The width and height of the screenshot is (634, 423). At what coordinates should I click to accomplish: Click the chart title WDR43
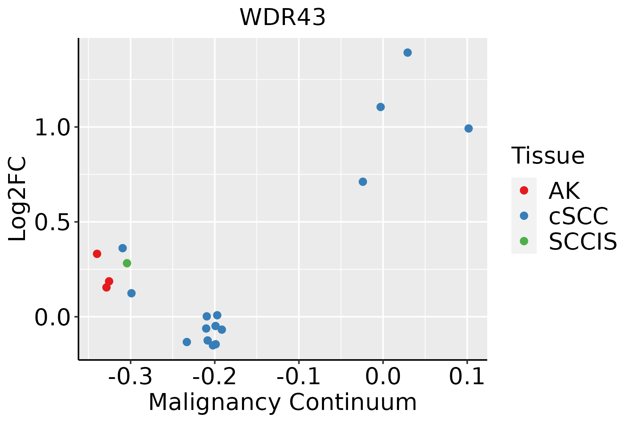click(282, 17)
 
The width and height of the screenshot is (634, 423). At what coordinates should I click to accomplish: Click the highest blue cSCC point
click(408, 53)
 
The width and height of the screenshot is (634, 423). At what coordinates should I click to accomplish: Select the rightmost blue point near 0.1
click(468, 128)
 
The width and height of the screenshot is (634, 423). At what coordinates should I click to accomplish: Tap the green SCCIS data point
click(127, 263)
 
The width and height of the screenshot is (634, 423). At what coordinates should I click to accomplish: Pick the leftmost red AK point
click(97, 254)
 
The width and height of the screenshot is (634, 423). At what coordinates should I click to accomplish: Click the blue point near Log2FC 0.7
click(363, 182)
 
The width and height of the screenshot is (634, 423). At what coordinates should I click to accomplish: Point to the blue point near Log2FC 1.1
click(380, 107)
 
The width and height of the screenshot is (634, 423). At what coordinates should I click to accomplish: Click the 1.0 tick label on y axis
click(53, 128)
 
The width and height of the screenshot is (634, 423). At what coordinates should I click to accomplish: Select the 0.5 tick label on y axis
click(53, 222)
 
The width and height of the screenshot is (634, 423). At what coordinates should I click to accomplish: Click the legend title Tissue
click(548, 155)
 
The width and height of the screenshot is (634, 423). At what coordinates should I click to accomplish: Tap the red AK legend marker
click(524, 190)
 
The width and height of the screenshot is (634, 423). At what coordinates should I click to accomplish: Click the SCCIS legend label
click(583, 242)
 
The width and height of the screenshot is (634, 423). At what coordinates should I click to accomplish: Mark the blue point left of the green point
click(123, 248)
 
